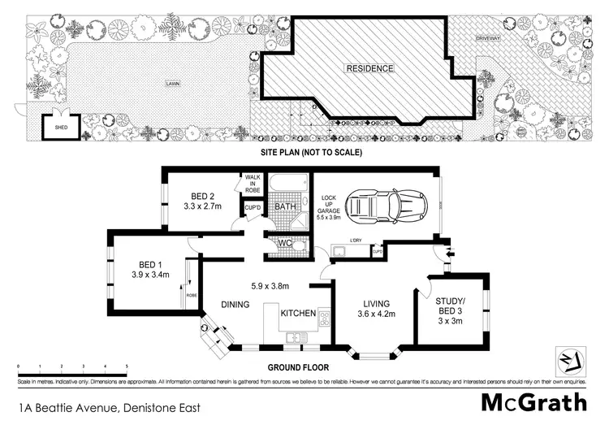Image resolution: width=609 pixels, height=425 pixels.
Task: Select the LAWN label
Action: [173, 83]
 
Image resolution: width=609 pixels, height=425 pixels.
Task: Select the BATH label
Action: [284, 207]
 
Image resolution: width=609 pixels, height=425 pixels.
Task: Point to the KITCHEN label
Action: [298, 313]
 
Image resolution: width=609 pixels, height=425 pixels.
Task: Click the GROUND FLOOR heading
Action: [300, 367]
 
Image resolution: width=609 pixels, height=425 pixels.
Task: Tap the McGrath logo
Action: [533, 402]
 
